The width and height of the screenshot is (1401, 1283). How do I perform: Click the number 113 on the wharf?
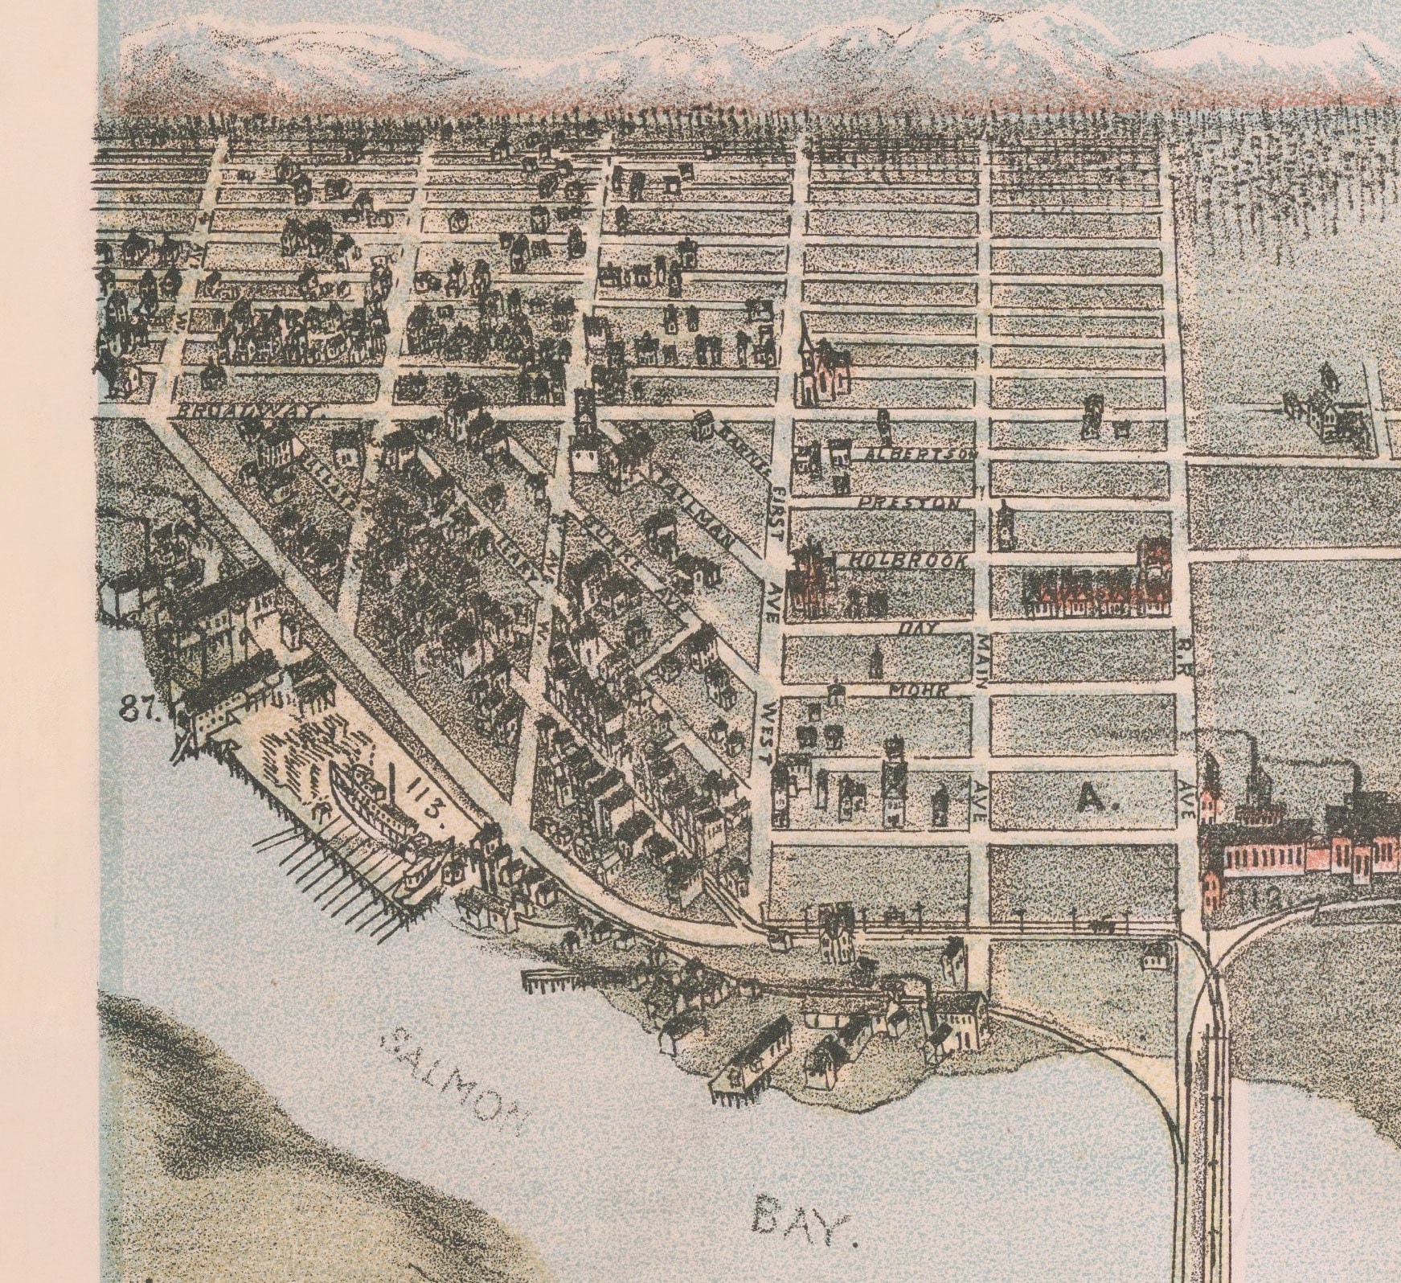pos(427,795)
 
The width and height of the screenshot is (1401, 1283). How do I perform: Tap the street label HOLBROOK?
pos(909,561)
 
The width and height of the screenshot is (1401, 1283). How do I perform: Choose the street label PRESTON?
pos(909,504)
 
